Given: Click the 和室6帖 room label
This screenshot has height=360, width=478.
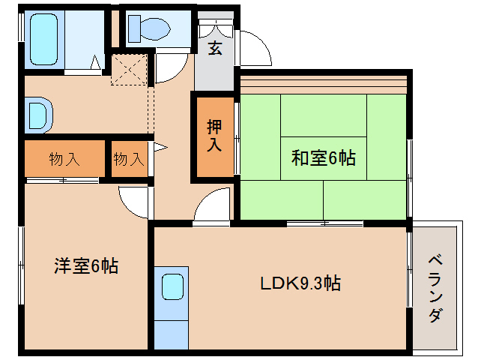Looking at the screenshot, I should click(x=323, y=158).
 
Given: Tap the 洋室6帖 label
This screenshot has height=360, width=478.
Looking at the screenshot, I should click(x=85, y=265).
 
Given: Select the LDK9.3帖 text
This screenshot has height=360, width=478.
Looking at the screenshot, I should click(x=301, y=283).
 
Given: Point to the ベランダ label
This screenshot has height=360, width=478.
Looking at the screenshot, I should click(x=435, y=288).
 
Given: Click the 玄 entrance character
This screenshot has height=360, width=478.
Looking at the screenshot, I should click(x=216, y=49).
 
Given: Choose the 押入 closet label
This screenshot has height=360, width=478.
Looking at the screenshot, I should click(x=214, y=136).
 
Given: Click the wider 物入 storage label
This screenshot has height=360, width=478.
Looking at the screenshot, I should click(x=64, y=159).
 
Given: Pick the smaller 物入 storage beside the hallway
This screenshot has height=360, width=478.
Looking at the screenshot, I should click(x=128, y=159).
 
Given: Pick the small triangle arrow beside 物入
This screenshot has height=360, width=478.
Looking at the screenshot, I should click(x=158, y=147).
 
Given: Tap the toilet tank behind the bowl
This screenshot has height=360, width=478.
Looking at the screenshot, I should click(x=133, y=28).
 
